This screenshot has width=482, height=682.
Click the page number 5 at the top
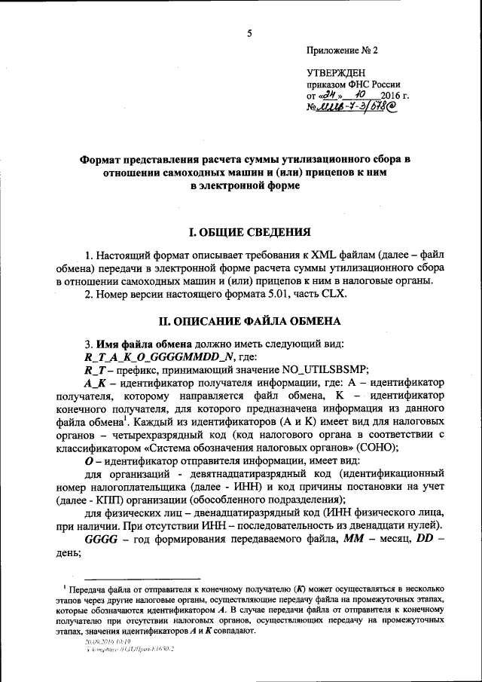coord(249,33)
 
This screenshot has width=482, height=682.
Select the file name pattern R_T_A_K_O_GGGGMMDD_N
coord(150,356)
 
